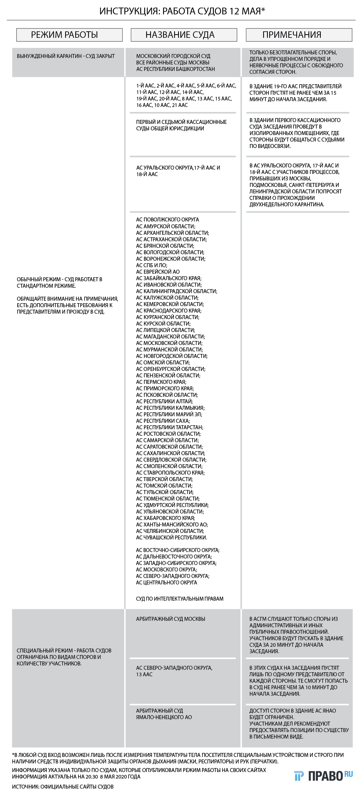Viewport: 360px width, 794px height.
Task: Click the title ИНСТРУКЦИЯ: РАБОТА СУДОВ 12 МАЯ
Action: (x=182, y=11)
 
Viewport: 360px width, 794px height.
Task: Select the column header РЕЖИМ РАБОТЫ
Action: (x=64, y=35)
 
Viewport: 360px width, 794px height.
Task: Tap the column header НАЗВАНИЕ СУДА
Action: (x=180, y=35)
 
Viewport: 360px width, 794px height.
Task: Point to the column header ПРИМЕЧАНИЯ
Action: (x=292, y=35)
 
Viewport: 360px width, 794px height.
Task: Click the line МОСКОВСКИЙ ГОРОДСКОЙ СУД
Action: (x=173, y=56)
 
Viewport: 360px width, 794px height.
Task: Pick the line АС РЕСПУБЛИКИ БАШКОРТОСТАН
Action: (x=175, y=69)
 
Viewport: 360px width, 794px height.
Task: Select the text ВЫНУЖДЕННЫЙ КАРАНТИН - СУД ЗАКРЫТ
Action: (x=66, y=56)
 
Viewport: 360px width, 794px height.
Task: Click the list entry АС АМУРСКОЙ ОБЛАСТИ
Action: (x=166, y=226)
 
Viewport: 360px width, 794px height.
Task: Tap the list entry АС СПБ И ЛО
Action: (x=152, y=265)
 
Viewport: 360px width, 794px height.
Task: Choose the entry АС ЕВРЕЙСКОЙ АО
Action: (x=158, y=272)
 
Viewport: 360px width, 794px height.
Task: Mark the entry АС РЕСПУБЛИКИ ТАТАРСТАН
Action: (x=170, y=427)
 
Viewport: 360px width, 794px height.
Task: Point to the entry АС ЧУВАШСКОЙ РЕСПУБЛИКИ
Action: (x=171, y=538)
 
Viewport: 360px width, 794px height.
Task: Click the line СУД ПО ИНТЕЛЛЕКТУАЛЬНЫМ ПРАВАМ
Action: (x=180, y=599)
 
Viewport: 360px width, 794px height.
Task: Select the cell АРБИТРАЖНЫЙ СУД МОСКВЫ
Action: (x=171, y=619)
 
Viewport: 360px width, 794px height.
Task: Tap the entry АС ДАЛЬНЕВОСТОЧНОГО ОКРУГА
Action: (x=174, y=557)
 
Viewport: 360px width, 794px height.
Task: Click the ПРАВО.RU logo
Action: (x=323, y=776)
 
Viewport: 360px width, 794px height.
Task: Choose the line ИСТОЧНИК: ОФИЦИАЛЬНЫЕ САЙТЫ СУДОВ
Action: (x=63, y=787)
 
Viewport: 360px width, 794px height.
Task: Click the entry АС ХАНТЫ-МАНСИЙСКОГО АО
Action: (x=172, y=525)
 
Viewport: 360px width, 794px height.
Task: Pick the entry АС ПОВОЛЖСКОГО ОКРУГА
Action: (x=167, y=220)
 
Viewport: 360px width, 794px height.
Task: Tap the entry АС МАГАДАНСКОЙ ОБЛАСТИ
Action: (x=171, y=337)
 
